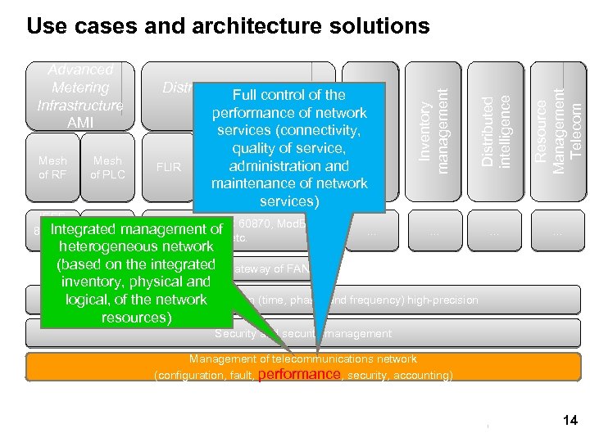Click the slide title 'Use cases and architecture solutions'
tap(228, 25)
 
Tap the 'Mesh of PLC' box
tap(107, 168)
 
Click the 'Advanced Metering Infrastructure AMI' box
tap(80, 97)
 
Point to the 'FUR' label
tap(168, 168)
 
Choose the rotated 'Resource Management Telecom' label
tap(565, 123)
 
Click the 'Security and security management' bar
tap(303, 334)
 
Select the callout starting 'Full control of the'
tap(289, 147)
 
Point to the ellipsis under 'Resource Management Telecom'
tap(557, 232)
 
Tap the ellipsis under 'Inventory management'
tap(433, 232)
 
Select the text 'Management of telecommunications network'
tap(303, 359)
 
